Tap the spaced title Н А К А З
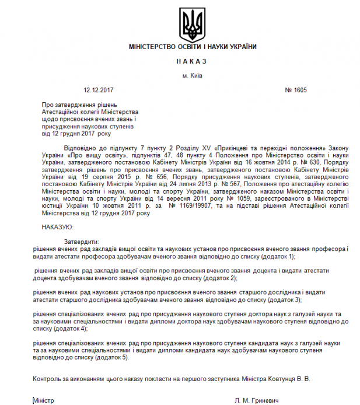pos(191,61)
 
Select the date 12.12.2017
pos(98,90)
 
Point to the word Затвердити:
pos(81,242)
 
